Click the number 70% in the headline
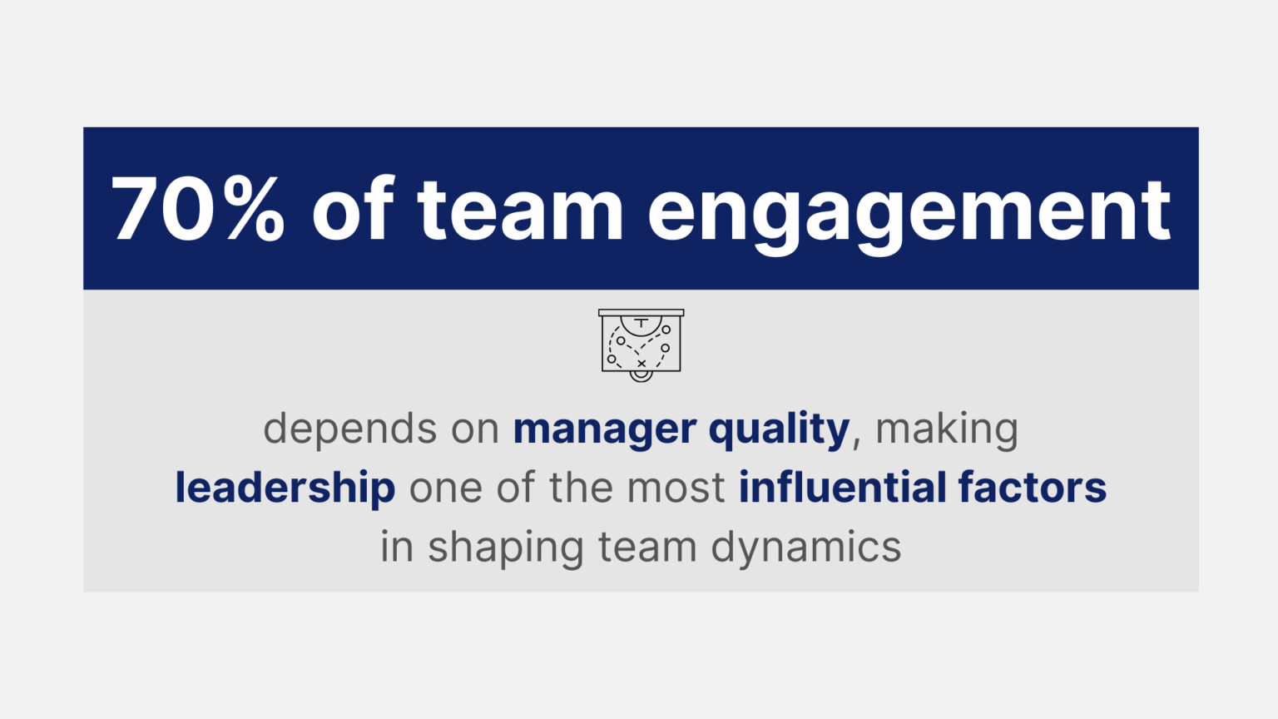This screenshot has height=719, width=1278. (x=198, y=211)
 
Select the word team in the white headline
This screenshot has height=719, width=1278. (x=520, y=211)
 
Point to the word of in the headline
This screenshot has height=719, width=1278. (x=353, y=211)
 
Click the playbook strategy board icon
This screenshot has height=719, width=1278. (x=641, y=345)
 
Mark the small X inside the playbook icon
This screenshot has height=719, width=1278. (x=641, y=364)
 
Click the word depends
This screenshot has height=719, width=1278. (x=349, y=429)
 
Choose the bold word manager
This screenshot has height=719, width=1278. (x=604, y=429)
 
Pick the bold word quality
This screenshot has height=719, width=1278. (x=779, y=429)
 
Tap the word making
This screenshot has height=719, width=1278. (x=947, y=429)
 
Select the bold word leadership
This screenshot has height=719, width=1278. (x=285, y=488)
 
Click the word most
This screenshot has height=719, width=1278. (x=676, y=488)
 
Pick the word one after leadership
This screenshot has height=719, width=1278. (x=445, y=488)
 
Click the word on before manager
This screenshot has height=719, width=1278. (x=475, y=429)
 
